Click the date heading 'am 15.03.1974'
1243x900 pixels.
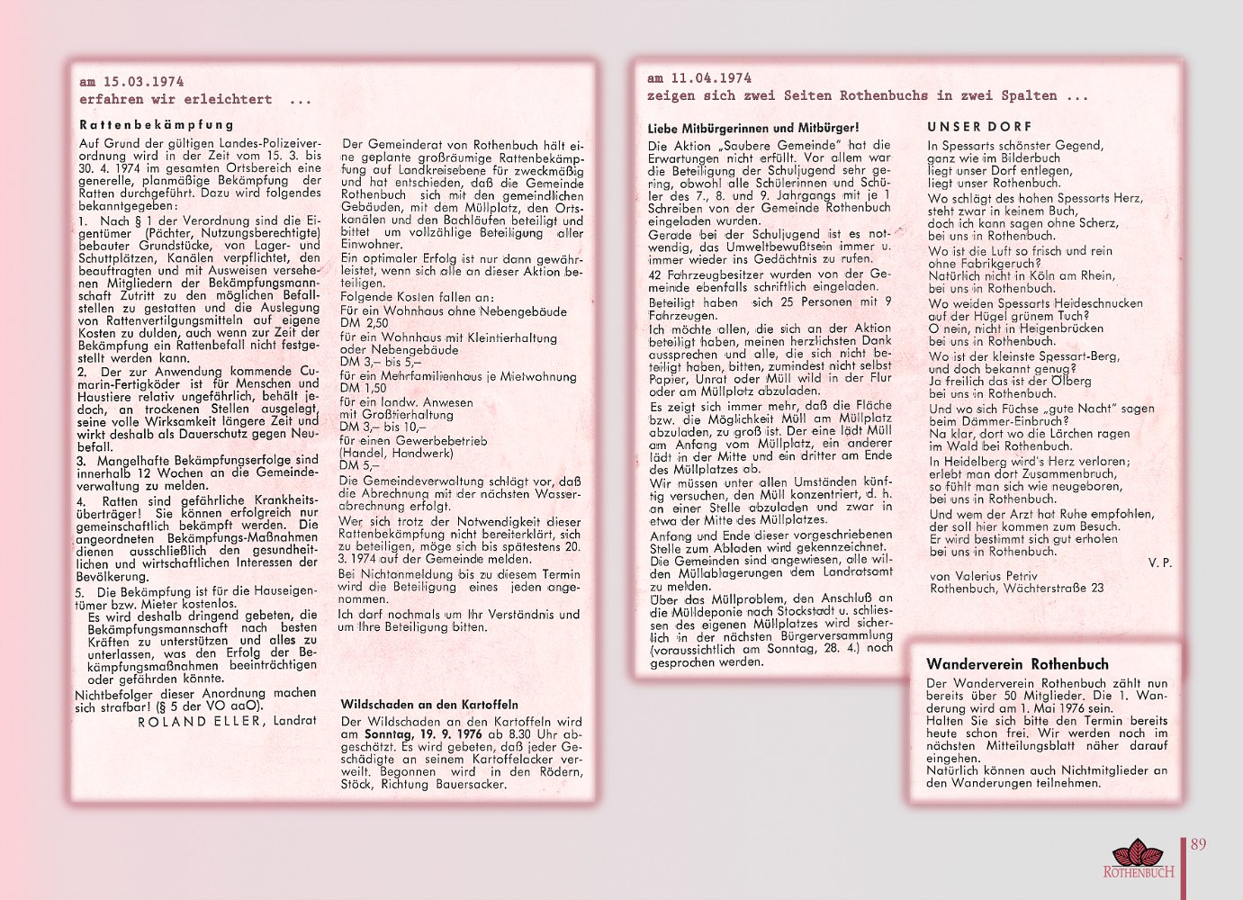(131, 82)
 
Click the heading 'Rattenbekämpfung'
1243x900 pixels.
(157, 125)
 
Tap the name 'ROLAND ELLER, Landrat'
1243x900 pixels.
(227, 721)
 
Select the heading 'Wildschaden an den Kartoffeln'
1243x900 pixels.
(429, 705)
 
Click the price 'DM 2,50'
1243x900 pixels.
(365, 323)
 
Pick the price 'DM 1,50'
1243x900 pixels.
(364, 388)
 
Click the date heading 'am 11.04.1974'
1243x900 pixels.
(699, 78)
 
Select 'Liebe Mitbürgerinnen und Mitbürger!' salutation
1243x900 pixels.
(753, 128)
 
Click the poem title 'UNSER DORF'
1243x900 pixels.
(979, 127)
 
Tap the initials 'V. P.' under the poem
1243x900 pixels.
(1160, 562)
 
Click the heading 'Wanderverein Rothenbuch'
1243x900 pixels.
(1017, 664)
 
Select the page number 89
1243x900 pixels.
(1198, 844)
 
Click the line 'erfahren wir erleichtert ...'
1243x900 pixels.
(194, 100)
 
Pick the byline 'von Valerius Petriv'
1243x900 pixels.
(983, 576)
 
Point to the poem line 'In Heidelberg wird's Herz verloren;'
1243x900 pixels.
(1029, 462)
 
